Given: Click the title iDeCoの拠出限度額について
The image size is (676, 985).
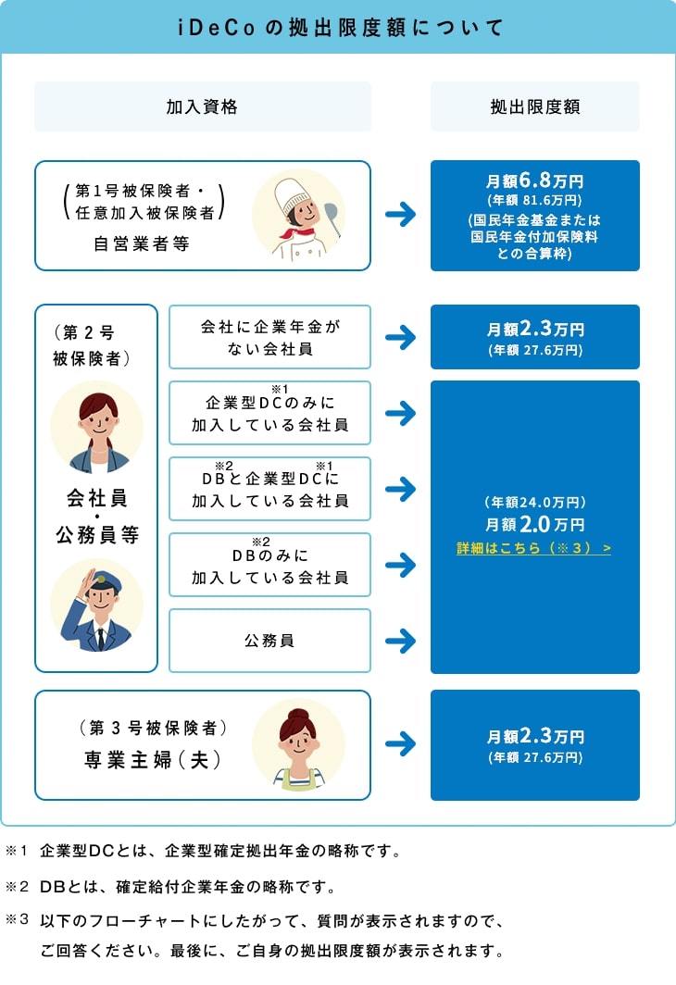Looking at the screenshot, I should coord(338,27).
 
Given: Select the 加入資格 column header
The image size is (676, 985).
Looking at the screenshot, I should coord(202,106).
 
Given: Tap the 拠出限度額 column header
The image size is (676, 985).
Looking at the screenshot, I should coord(534,106).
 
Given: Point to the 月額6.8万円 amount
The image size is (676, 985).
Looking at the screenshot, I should coord(534,181).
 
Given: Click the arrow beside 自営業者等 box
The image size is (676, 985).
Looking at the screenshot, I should coord(400,216).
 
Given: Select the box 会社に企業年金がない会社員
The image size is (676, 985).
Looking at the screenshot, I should coord(269,337).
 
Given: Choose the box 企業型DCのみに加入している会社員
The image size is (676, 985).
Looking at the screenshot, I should coord(269,413).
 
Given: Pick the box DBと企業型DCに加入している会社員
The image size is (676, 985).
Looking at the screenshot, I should coord(269,489).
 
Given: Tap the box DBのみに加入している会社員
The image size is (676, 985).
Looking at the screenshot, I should coord(269,565).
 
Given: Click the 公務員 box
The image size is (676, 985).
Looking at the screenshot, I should coord(269,641).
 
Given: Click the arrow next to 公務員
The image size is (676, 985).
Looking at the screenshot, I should coord(400,641).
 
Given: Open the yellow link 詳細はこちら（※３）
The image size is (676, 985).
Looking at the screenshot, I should coord(533,549).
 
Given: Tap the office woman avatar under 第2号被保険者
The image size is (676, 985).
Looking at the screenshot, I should coord(96,427).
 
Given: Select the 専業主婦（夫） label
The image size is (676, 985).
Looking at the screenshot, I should coord(153,760).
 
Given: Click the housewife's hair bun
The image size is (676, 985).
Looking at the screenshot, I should coord(298,715).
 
